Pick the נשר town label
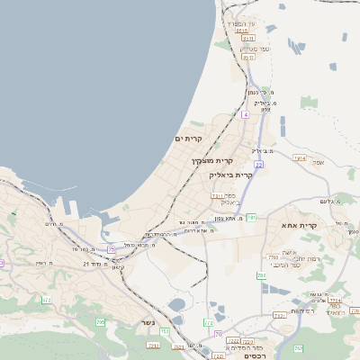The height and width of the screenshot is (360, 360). pyautogui.click(x=148, y=321)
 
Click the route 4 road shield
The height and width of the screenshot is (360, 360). pyautogui.click(x=245, y=114)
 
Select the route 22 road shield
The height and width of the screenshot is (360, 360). pyautogui.click(x=258, y=165)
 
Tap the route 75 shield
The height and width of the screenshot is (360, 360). pyautogui.click(x=112, y=248)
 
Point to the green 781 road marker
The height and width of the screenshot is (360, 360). pyautogui.click(x=252, y=217)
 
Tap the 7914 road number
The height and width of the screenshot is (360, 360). pyautogui.click(x=299, y=158)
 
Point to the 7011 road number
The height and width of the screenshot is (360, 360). pyautogui.click(x=217, y=195)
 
